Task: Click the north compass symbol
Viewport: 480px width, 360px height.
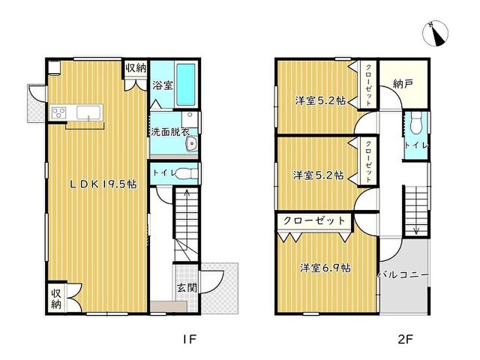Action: tap(435, 34)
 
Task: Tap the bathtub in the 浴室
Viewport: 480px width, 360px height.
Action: tap(186, 84)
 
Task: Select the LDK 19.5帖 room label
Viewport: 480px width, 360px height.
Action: tap(103, 184)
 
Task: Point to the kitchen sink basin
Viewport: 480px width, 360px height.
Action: tap(89, 112)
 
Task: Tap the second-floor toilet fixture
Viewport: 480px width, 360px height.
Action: tap(415, 122)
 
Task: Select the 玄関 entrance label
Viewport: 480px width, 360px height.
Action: tap(187, 287)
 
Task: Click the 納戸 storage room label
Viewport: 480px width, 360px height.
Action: tap(403, 83)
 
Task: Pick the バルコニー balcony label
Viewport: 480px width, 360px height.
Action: tap(403, 275)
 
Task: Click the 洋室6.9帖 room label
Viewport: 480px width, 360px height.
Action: tap(325, 268)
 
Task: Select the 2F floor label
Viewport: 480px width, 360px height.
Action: tap(405, 339)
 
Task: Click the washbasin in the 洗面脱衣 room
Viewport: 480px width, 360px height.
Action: tap(192, 143)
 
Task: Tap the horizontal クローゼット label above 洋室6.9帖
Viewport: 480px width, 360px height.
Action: tap(314, 220)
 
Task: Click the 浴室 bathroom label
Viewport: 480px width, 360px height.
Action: tap(163, 85)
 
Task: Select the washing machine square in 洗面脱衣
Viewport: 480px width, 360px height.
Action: tap(189, 120)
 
